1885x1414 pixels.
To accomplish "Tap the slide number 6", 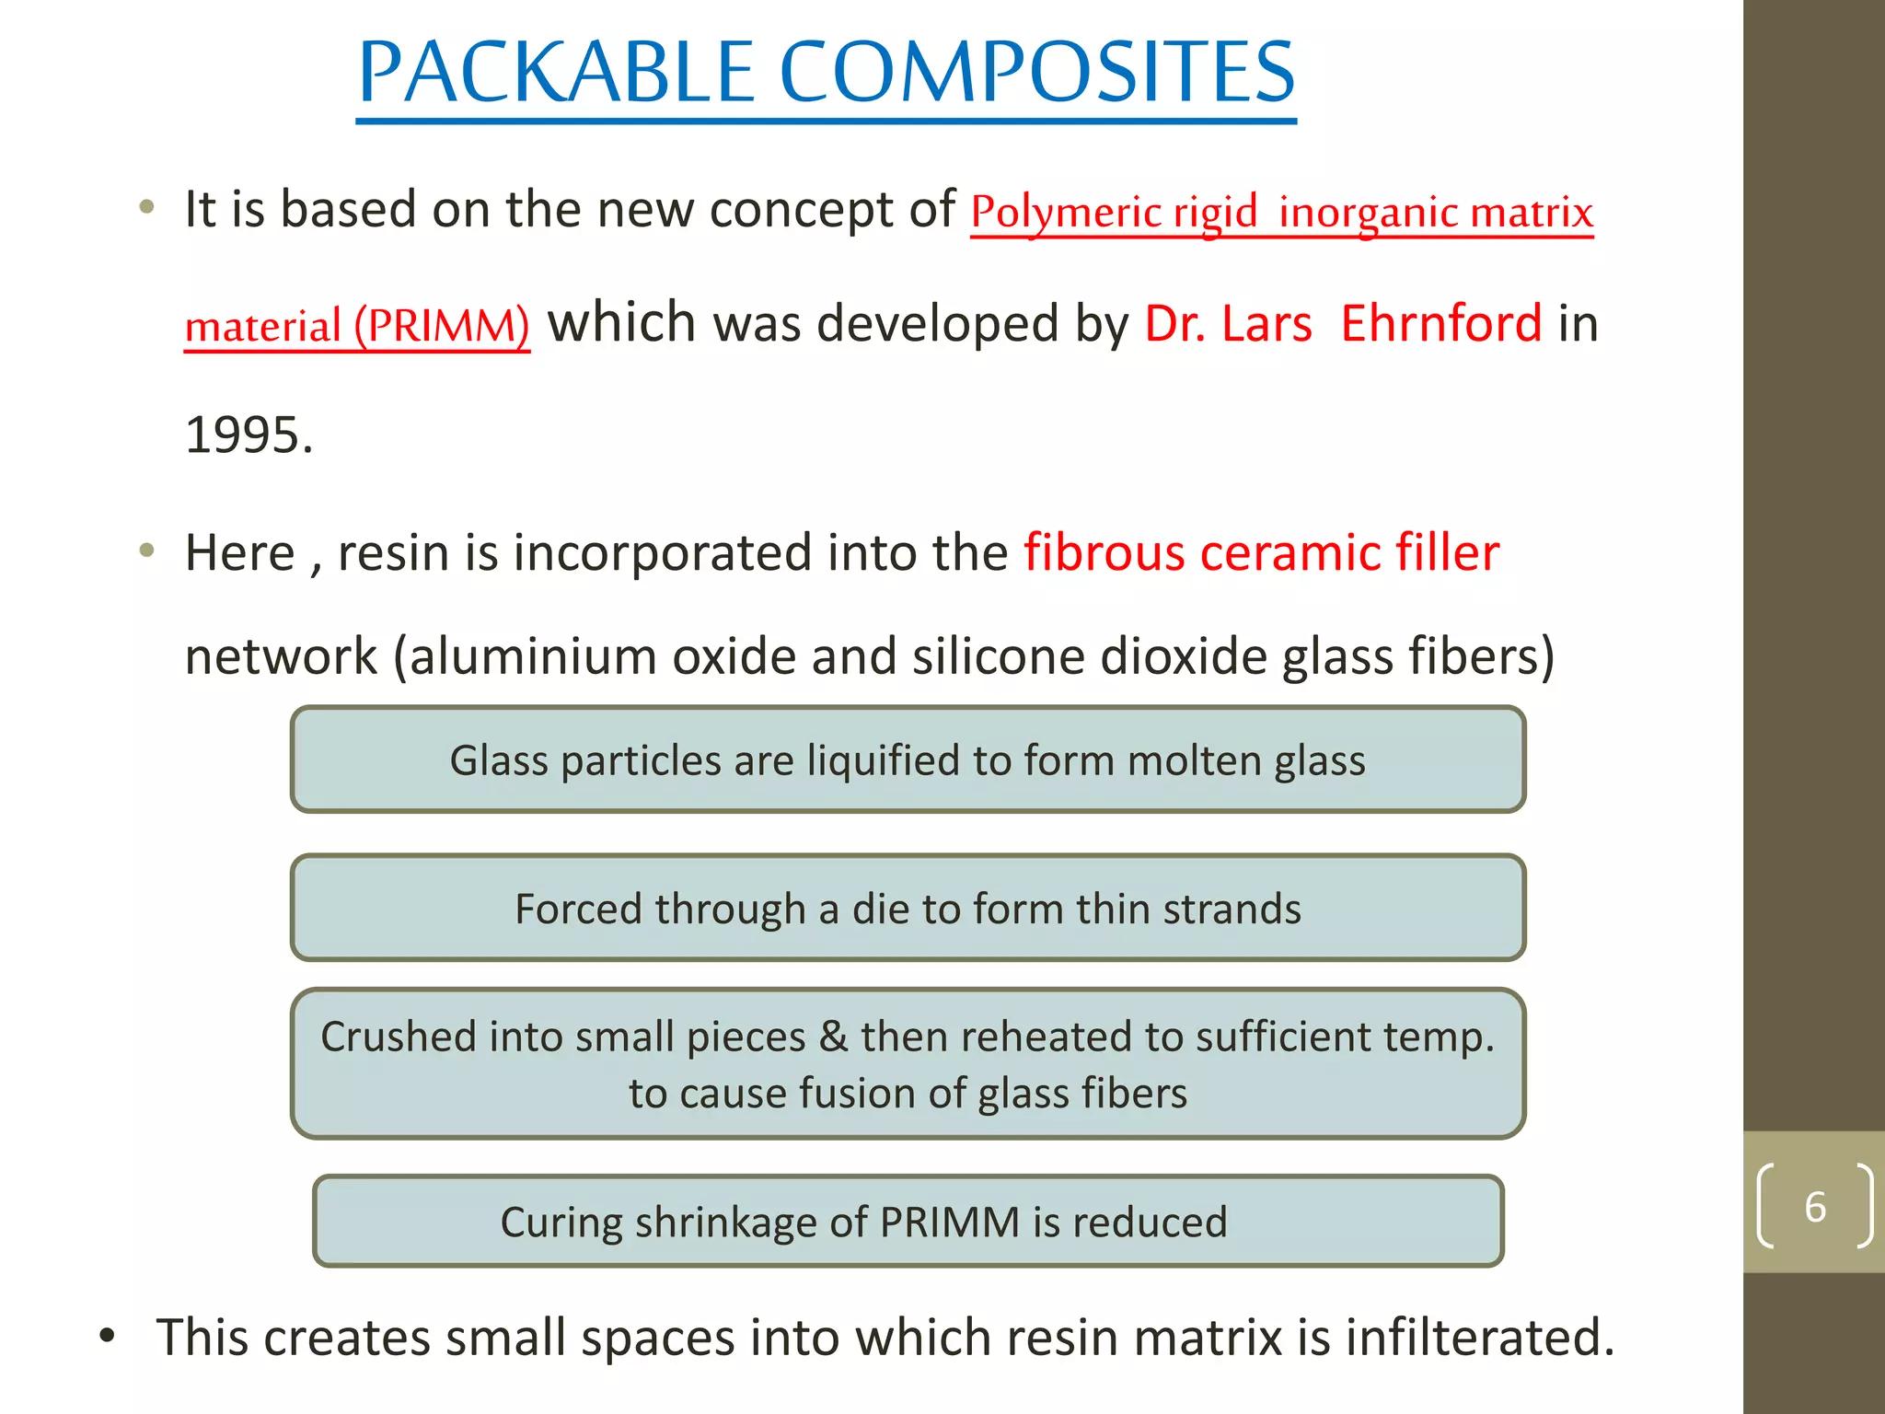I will click(x=1814, y=1207).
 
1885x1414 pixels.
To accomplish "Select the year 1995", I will click(x=249, y=435).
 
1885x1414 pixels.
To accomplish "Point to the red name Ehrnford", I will click(x=1440, y=324).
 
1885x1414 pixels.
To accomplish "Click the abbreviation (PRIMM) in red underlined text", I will click(x=442, y=326).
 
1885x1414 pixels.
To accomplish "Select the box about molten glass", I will click(x=908, y=760).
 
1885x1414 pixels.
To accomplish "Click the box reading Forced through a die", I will click(x=908, y=909).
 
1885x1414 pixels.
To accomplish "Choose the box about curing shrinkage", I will click(x=908, y=1222).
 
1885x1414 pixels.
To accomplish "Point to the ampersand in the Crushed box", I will click(x=833, y=1037).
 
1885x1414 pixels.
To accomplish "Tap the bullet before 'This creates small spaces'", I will click(x=108, y=1336).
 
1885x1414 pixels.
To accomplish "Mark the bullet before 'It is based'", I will click(x=146, y=207).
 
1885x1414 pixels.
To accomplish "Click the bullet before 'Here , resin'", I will click(x=146, y=551).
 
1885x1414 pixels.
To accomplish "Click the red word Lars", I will click(x=1267, y=324).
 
